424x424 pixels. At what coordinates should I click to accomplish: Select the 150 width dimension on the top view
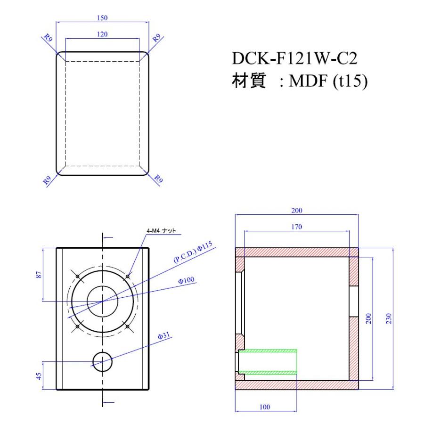[x=102, y=18]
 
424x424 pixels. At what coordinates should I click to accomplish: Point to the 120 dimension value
[x=102, y=34]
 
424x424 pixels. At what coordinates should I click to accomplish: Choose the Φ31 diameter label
[x=163, y=336]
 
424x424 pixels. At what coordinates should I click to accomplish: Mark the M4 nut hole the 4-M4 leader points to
[x=127, y=276]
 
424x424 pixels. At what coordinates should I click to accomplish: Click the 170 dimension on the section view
[x=297, y=227]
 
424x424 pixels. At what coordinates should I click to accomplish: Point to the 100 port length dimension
[x=266, y=406]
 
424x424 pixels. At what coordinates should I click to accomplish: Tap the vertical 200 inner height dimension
[x=369, y=319]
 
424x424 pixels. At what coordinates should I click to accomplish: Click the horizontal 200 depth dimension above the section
[x=297, y=210]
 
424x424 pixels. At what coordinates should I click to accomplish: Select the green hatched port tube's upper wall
[x=268, y=351]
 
